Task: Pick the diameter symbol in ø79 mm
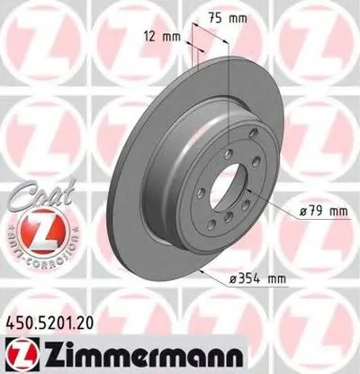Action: click(301, 212)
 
